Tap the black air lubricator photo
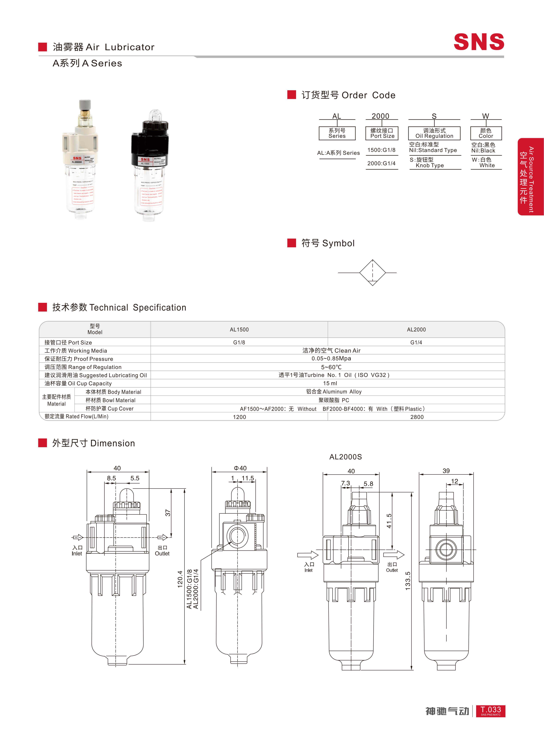coord(150,165)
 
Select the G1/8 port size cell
coord(239,342)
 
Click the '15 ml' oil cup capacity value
coord(330,383)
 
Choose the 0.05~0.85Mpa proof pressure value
coord(331,358)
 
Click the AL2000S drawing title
coord(345,457)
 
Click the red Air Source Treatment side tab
coord(530,177)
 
